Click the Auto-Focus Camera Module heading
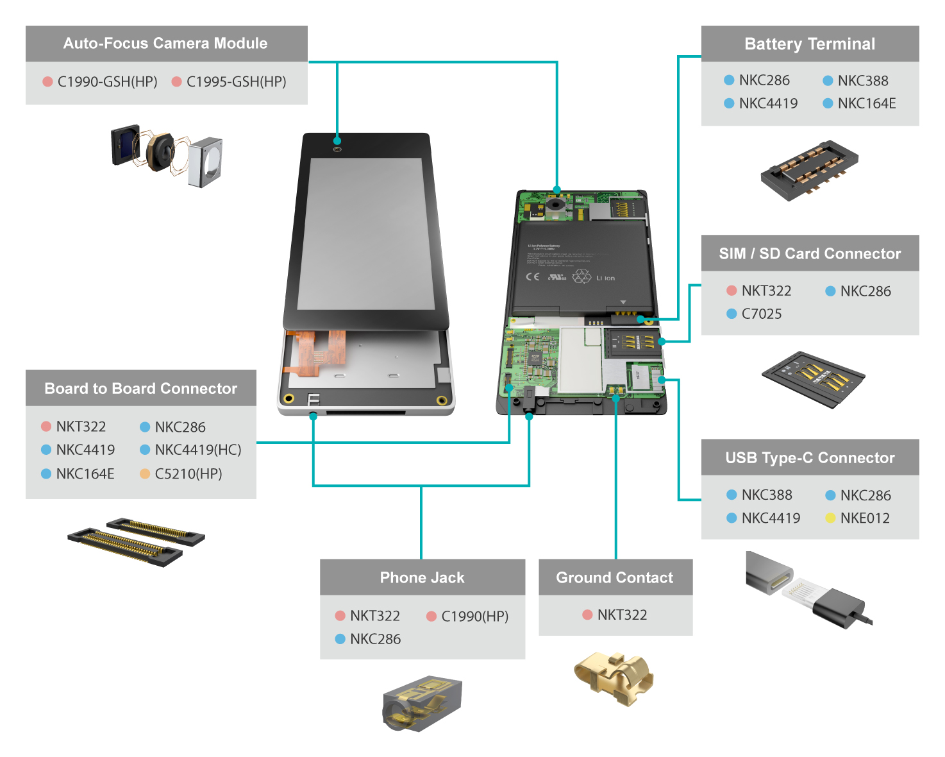165,44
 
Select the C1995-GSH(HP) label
236,82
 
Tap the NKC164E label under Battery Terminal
866,103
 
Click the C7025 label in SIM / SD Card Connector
762,314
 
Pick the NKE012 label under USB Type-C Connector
865,518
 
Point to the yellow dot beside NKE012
830,518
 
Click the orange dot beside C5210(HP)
145,474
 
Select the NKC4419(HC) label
198,450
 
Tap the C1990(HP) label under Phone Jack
474,617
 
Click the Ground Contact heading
615,577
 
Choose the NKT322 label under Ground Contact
622,615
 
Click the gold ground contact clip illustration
614,678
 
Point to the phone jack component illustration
422,702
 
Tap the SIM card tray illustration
812,378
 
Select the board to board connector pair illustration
136,541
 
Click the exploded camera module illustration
167,155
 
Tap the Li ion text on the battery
605,278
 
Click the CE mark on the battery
533,276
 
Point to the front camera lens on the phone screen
337,149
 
